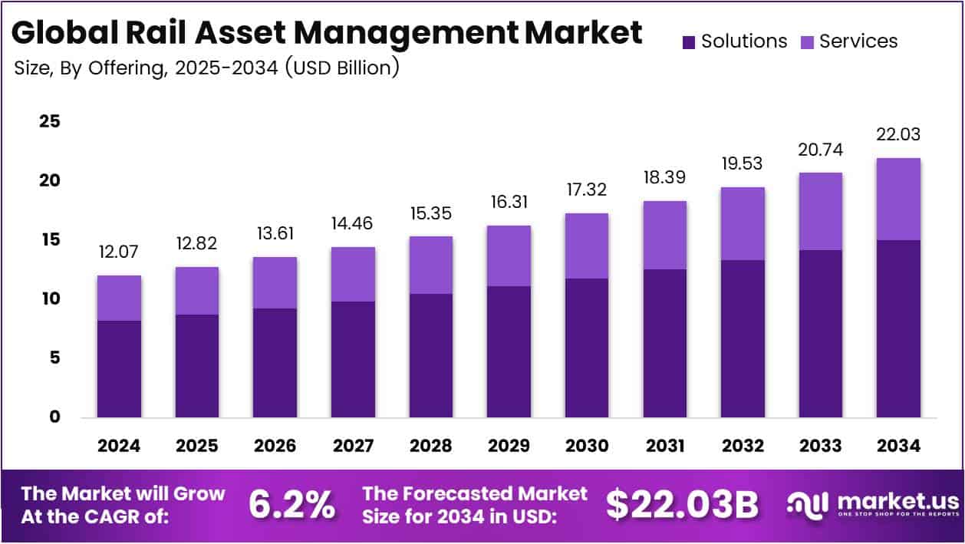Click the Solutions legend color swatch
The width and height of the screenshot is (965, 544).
pos(687,41)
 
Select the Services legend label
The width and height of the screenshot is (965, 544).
pos(858,41)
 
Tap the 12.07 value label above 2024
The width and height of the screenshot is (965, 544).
pos(119,252)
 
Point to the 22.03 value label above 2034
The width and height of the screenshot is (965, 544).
pos(898,134)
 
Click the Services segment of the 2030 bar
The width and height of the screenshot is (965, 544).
pos(586,246)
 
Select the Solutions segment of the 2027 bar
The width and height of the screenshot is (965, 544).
pos(353,359)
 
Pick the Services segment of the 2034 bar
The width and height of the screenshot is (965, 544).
pos(898,199)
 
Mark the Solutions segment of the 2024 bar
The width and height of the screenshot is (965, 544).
pos(119,369)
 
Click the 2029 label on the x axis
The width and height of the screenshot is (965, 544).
pos(509,446)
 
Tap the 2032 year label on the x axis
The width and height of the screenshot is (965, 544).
pos(743,446)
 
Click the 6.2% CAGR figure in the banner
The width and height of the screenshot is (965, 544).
pos(291,504)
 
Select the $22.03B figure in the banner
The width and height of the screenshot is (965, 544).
pos(682,504)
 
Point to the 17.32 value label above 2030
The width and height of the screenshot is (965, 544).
pos(586,190)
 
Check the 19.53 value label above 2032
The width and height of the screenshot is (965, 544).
pos(743,164)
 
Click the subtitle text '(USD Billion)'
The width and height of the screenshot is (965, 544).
pos(341,68)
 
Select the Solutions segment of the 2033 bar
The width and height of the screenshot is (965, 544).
pos(821,334)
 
